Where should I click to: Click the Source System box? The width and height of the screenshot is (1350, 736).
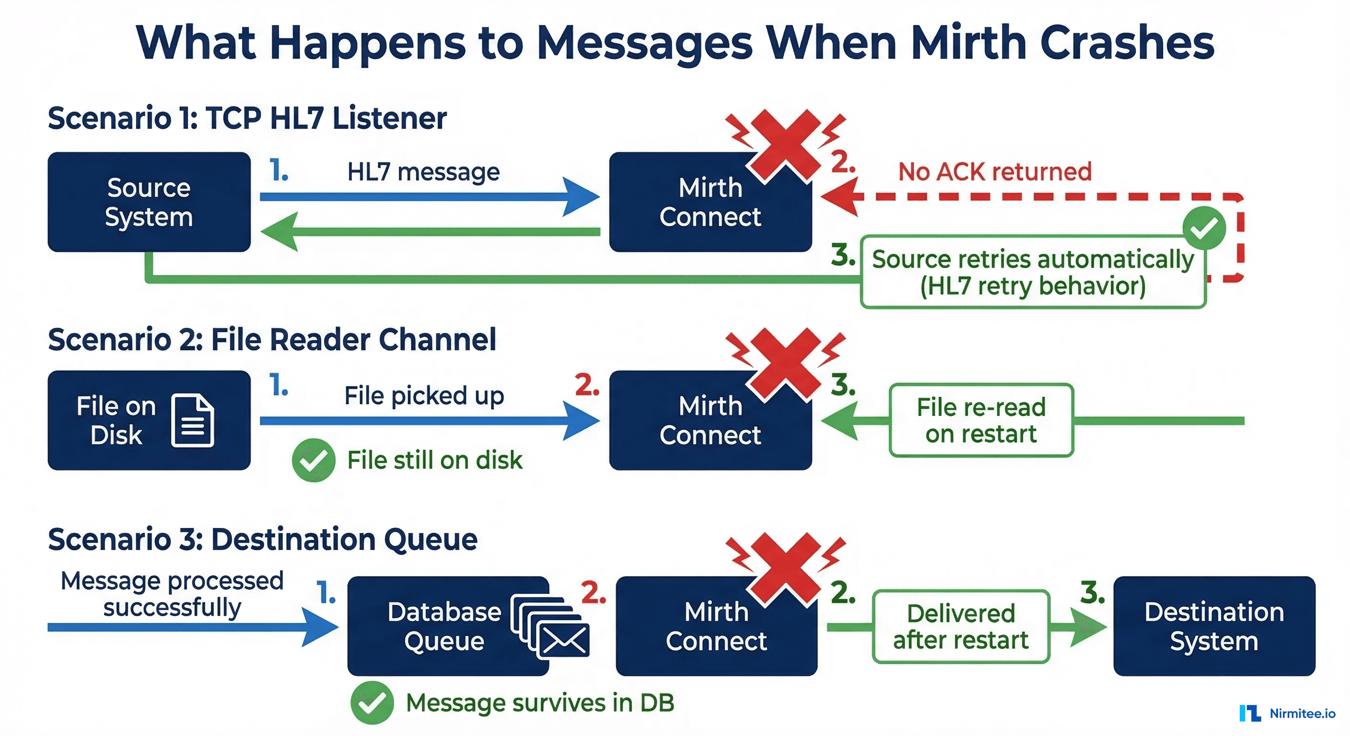click(149, 202)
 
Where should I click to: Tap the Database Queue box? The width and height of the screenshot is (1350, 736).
click(445, 626)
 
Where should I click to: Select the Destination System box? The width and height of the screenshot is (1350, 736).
click(1214, 626)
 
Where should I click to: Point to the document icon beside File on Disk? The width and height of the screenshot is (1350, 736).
click(192, 420)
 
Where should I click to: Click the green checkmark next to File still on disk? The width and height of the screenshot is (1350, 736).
click(314, 460)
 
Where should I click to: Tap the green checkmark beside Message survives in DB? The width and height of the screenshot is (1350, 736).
click(372, 702)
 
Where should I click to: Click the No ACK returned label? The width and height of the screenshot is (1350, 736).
click(994, 172)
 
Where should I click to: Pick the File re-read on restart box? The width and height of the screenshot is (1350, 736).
click(981, 420)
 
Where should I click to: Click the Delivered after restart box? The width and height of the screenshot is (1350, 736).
click(961, 627)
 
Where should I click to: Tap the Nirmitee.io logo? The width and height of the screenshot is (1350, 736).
click(1287, 713)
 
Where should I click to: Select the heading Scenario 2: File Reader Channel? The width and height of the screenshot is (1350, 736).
click(271, 339)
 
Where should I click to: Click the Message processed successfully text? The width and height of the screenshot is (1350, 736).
click(172, 594)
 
